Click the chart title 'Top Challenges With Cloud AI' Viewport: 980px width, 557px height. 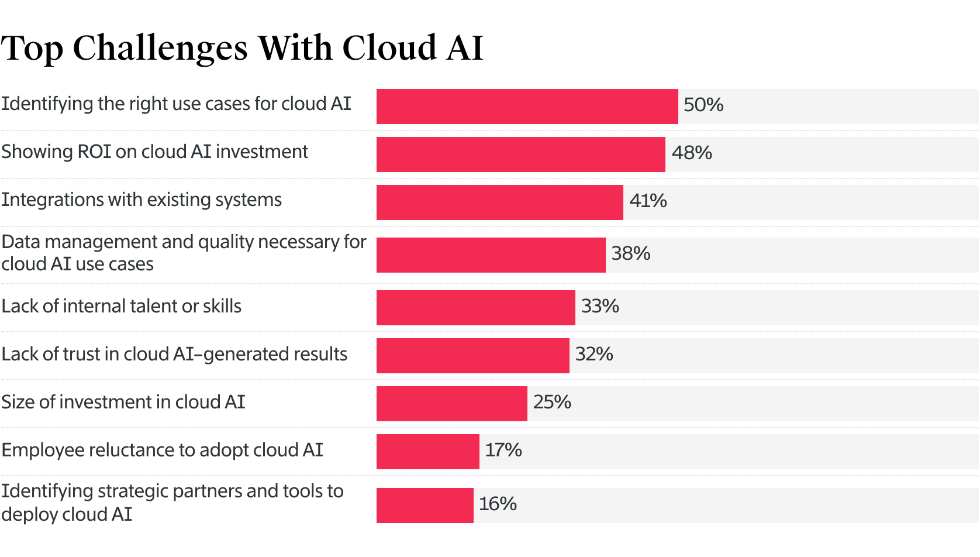(242, 48)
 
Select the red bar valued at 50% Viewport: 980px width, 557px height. (527, 106)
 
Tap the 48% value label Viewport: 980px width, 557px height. (692, 153)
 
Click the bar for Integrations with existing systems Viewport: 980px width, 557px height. (499, 202)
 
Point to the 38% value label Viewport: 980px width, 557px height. (631, 254)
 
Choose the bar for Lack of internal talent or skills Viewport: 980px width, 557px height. (475, 308)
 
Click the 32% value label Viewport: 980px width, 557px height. (594, 355)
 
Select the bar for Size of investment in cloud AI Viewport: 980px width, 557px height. (451, 404)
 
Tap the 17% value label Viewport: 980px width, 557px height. (503, 451)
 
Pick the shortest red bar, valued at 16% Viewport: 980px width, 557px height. (425, 506)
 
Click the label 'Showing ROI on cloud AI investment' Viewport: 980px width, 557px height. (154, 152)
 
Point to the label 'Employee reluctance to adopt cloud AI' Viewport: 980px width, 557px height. (162, 451)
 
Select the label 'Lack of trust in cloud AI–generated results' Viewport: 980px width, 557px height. (174, 355)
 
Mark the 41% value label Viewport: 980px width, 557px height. (648, 201)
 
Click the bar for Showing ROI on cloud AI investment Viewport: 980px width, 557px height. (520, 154)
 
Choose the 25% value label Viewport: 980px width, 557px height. (552, 403)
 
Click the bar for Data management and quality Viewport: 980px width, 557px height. (491, 255)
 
